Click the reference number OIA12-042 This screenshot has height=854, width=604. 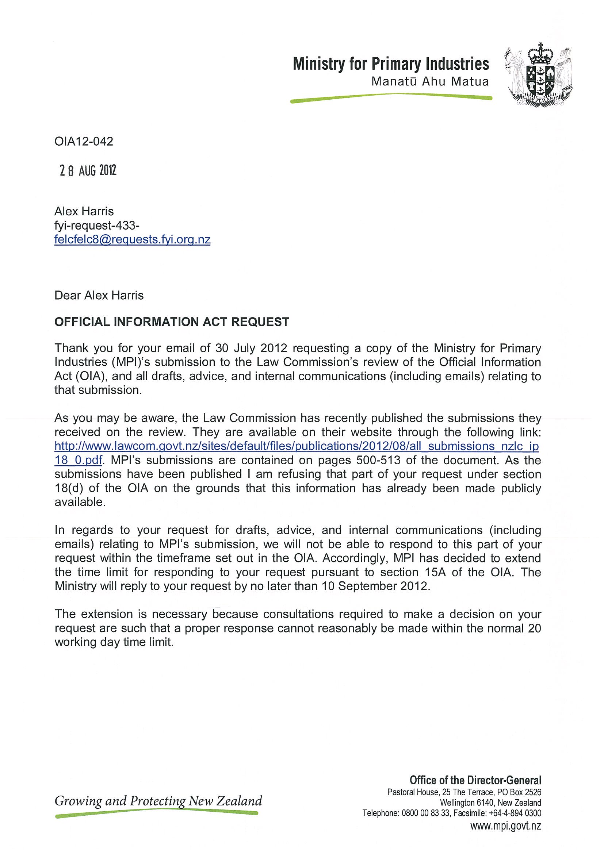pos(84,142)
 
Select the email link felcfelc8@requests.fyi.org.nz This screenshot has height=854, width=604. pos(133,239)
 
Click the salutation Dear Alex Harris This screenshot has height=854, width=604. pos(99,295)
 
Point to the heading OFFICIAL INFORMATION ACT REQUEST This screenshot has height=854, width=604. pos(172,322)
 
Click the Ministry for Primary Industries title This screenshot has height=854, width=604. pos(391,64)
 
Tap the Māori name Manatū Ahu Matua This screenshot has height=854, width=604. pos(430,81)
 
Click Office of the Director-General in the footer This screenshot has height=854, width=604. pos(475,780)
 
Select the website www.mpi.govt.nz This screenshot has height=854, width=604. pos(506,826)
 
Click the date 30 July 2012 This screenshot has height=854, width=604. pos(251,349)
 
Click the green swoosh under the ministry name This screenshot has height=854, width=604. pos(391,98)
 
